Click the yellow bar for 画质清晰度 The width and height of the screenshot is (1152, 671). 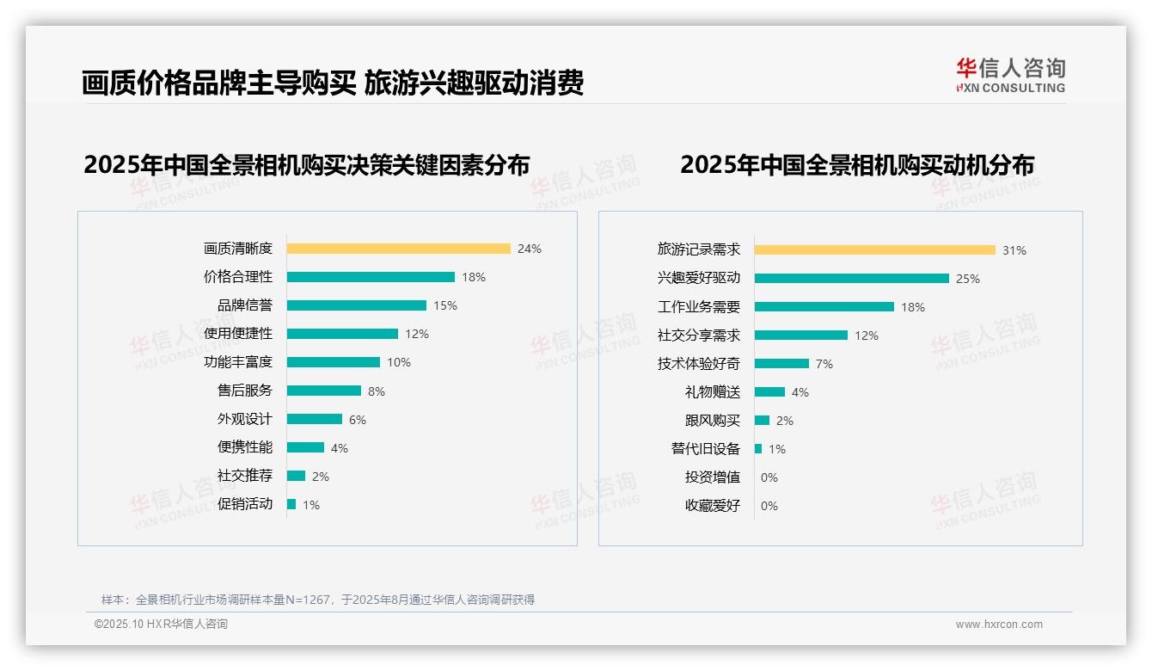(398, 249)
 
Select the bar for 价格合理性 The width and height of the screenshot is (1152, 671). (371, 277)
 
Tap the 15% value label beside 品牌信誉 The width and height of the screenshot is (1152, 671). (445, 305)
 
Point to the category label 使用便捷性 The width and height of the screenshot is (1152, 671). (238, 334)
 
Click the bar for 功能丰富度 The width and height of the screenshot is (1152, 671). (334, 362)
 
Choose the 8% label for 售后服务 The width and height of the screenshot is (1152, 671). (377, 391)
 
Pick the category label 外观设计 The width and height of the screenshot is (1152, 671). (245, 419)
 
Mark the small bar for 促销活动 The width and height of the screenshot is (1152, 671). (291, 504)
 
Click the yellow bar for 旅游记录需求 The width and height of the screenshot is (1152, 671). (875, 249)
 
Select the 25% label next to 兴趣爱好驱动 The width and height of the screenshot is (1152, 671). (968, 279)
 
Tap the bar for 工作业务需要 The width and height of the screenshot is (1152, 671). (824, 306)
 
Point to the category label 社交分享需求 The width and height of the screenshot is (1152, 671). (699, 335)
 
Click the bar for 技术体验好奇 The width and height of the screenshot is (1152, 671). (782, 363)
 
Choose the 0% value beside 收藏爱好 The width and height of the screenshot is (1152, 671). (769, 506)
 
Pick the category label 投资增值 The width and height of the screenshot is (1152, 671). (713, 477)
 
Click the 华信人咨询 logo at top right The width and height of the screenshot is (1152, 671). (1010, 76)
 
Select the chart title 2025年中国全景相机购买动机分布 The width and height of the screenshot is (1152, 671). (857, 164)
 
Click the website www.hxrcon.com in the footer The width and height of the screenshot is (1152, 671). (999, 625)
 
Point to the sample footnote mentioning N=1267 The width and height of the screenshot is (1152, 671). (318, 600)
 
